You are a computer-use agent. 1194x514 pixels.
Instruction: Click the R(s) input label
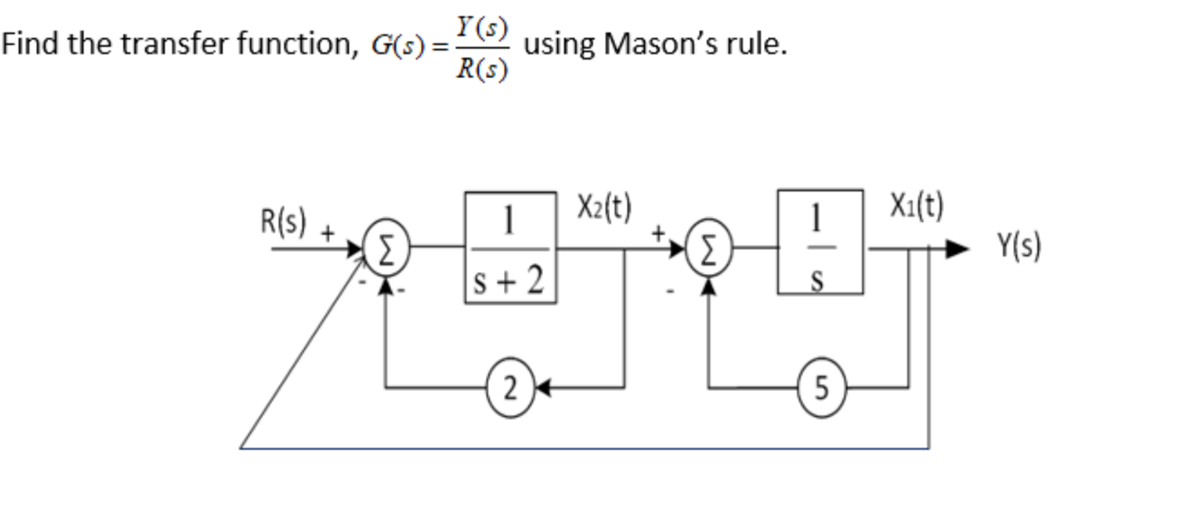pos(283,222)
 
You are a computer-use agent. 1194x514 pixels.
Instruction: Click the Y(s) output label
pos(1019,247)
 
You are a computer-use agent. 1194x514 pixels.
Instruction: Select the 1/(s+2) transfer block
pos(510,247)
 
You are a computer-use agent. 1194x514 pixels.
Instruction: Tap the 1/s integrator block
pos(820,242)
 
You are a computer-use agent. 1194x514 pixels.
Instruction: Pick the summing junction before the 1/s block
pos(708,247)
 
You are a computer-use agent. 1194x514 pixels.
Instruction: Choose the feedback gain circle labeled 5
pos(821,387)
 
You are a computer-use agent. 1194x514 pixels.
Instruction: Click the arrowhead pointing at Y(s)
pos(958,247)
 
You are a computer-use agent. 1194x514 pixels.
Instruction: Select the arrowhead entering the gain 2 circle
pos(538,387)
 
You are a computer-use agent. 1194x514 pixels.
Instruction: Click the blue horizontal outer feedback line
pos(581,448)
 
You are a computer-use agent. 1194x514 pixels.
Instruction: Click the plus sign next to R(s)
pos(328,234)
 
